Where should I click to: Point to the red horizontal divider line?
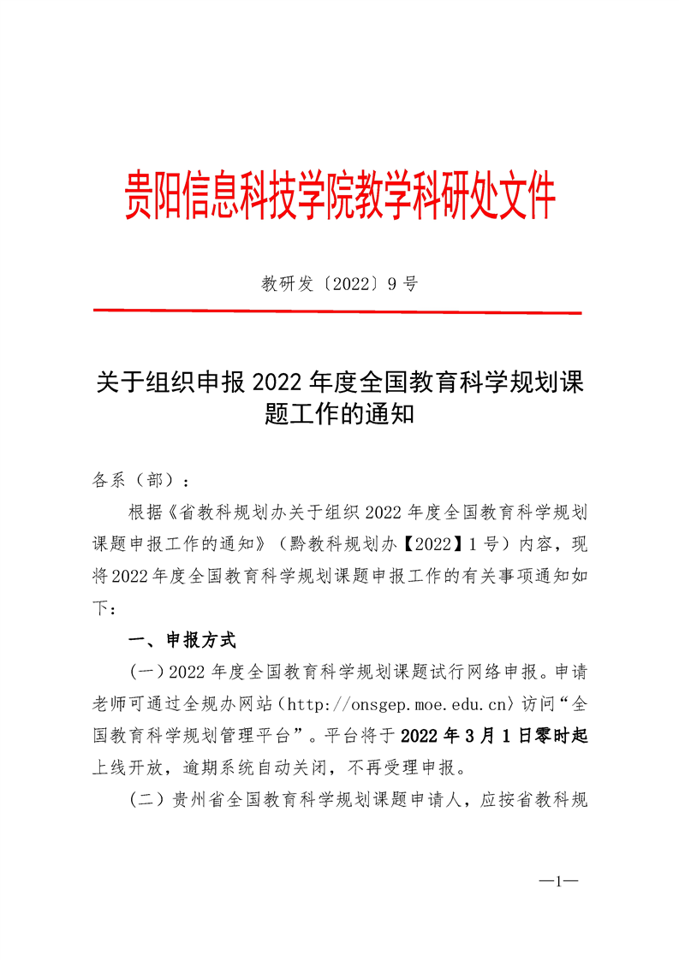339,312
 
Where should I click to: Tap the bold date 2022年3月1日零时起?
494,736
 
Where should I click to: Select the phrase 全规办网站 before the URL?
229,704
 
